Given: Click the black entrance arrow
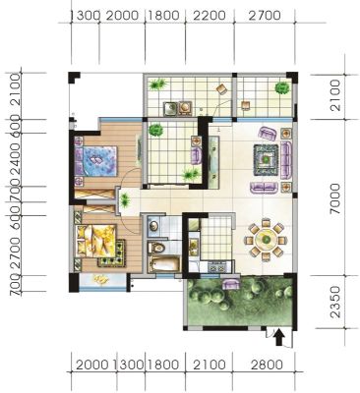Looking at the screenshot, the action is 278,338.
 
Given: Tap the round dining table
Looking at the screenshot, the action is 267,240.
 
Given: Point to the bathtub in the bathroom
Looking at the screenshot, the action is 164,264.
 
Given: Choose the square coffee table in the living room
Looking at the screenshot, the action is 267,160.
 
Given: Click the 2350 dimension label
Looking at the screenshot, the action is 335,302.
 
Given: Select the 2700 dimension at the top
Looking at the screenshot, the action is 265,16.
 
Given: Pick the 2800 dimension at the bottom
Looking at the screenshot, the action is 267,365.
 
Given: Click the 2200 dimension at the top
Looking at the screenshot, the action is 210,16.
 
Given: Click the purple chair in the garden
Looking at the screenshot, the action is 231,284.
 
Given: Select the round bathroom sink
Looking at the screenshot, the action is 153,226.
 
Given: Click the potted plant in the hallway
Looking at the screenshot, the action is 125,199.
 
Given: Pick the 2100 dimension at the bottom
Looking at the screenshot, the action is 210,365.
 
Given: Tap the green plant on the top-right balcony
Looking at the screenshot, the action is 282,87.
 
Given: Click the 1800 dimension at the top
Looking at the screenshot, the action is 164,16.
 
